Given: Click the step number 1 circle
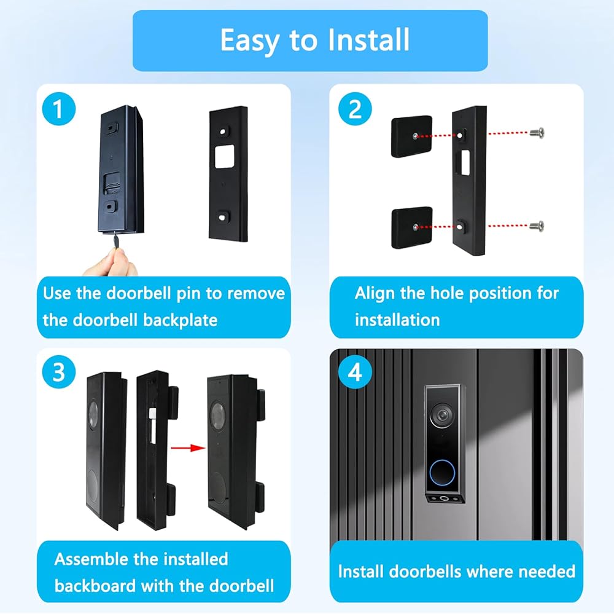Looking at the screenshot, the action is click(x=58, y=109).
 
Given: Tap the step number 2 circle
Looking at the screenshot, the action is click(x=355, y=109).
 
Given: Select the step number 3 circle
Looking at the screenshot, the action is click(x=58, y=372).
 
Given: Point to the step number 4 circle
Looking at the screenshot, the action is click(x=355, y=372).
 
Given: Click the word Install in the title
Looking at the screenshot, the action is click(x=368, y=40).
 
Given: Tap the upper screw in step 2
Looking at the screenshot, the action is click(x=537, y=133).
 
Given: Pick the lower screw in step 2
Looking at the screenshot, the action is click(x=537, y=226).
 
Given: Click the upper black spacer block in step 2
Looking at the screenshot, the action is click(x=411, y=136).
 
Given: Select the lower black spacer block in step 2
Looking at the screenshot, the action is click(x=412, y=227).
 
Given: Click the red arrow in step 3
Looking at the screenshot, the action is click(x=188, y=448).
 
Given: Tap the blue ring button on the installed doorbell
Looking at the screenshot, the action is click(x=443, y=473).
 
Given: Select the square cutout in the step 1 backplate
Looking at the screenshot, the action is click(x=224, y=157).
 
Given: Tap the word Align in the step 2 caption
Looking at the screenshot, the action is click(x=375, y=294).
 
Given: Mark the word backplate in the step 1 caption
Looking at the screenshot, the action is click(x=180, y=320).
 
